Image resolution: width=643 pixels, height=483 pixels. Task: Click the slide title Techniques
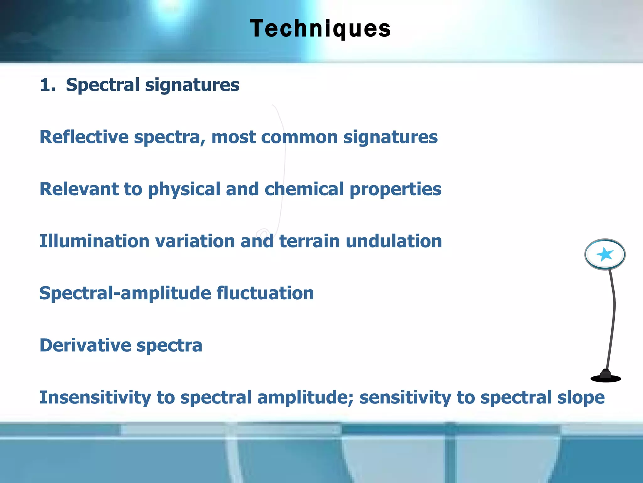pos(320,29)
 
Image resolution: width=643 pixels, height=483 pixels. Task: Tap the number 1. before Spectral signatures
pos(47,85)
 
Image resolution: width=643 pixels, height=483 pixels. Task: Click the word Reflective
pos(84,137)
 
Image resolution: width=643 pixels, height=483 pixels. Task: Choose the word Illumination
pos(94,241)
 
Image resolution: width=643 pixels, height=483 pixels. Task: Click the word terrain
pos(309,241)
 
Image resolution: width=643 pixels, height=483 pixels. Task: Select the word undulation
pos(394,241)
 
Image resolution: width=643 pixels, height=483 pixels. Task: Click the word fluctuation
pos(265,293)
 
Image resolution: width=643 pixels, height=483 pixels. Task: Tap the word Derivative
pos(85,345)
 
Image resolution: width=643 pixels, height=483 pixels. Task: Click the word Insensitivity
pos(95,397)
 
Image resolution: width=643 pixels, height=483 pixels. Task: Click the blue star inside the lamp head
pos(604,254)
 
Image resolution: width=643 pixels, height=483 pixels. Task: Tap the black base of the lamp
pos(606,378)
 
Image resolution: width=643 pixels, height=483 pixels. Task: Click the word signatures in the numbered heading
pos(192,85)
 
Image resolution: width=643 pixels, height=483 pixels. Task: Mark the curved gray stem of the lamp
pos(613,314)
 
